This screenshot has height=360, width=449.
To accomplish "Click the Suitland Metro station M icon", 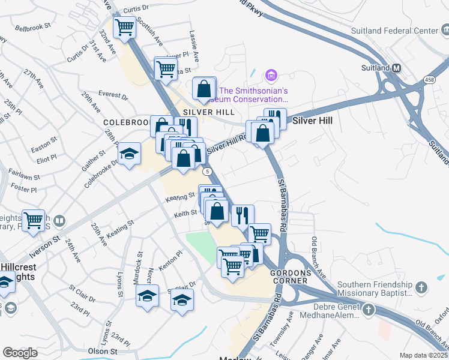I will click(396, 68).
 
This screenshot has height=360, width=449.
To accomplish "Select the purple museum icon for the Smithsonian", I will click(271, 76).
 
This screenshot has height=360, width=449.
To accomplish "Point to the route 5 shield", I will click(208, 172).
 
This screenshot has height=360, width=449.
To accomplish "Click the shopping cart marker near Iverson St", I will click(33, 220).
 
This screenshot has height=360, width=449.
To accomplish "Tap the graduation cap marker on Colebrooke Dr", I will click(129, 154).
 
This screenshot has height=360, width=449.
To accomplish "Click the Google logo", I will click(20, 353).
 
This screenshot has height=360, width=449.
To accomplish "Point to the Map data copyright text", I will click(424, 355).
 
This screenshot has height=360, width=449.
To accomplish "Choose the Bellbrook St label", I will click(31, 28).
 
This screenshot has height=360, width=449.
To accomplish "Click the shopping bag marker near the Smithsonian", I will click(204, 88).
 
